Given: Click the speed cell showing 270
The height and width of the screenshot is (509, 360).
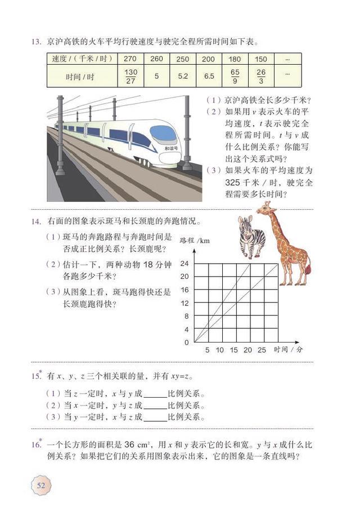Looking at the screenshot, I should (130, 59).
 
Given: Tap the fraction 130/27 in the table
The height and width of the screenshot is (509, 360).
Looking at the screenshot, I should (130, 76).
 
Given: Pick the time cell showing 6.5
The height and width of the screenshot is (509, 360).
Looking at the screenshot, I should (208, 76).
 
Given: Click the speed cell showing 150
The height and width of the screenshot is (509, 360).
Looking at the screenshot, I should (260, 59).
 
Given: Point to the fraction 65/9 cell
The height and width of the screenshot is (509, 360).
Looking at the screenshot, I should (235, 76).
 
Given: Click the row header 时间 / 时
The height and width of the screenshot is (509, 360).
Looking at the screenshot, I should (79, 76).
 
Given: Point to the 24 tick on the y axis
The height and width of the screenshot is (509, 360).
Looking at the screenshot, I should (184, 263).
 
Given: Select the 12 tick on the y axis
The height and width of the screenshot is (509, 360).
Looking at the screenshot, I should (184, 303).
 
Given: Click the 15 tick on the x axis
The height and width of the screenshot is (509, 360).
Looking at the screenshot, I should (234, 350).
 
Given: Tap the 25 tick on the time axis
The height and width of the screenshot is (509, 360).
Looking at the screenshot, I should (262, 350).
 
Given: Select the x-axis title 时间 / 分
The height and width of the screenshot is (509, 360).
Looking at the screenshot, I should (288, 349).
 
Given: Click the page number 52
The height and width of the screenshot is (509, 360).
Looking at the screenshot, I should (41, 485).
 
